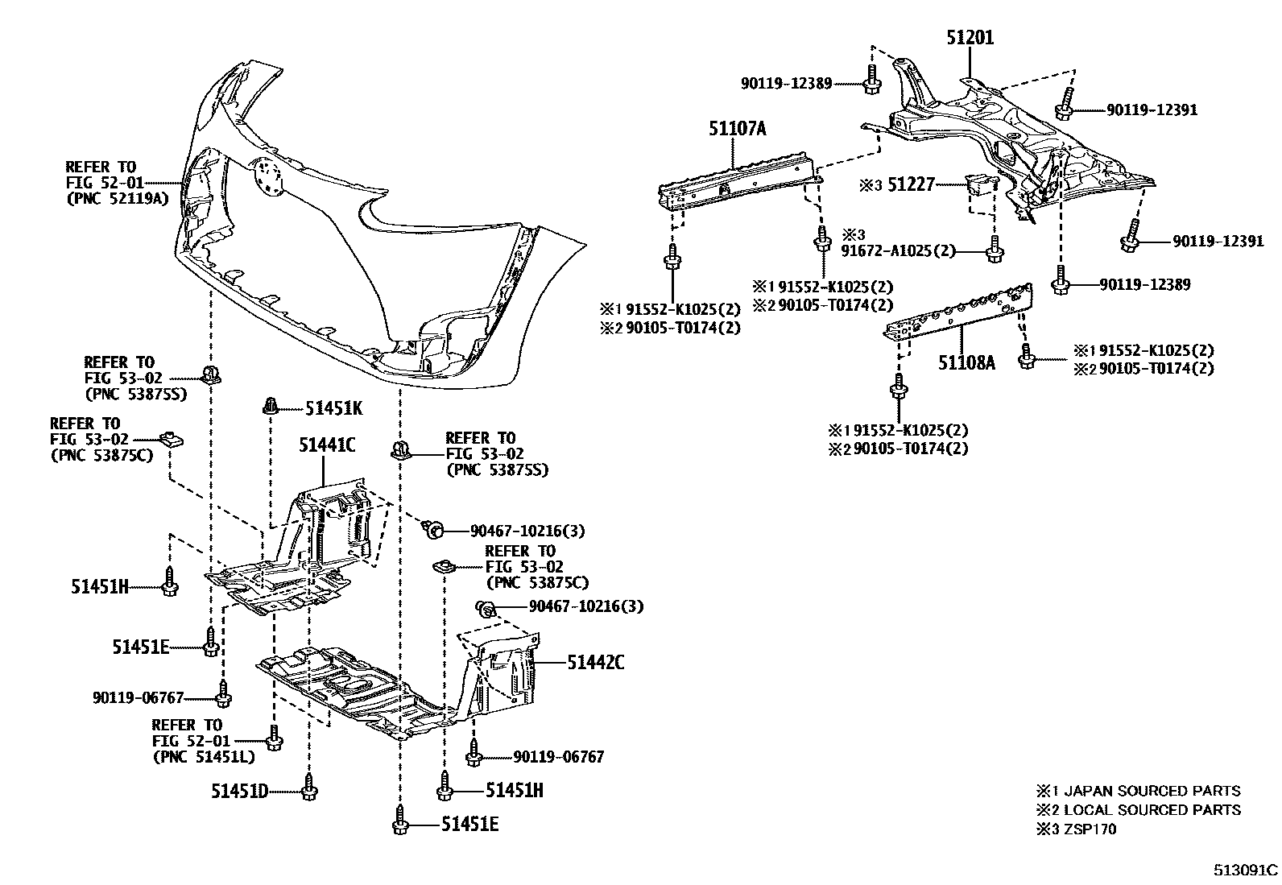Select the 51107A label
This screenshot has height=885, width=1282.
(x=737, y=128)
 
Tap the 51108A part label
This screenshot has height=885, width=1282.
(x=966, y=362)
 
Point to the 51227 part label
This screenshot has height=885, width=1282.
(x=911, y=185)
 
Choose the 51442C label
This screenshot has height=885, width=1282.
(x=595, y=663)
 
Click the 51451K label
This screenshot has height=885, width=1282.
(x=333, y=408)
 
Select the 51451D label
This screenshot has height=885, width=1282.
(x=239, y=792)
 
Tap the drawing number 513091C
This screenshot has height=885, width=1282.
(x=1246, y=870)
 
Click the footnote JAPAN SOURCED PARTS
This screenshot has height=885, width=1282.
(x=1152, y=791)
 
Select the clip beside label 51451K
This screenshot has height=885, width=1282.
(x=271, y=405)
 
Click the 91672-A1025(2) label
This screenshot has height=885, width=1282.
(x=899, y=250)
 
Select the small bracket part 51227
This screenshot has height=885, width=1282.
(x=977, y=190)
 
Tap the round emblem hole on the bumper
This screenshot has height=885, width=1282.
(x=266, y=176)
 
